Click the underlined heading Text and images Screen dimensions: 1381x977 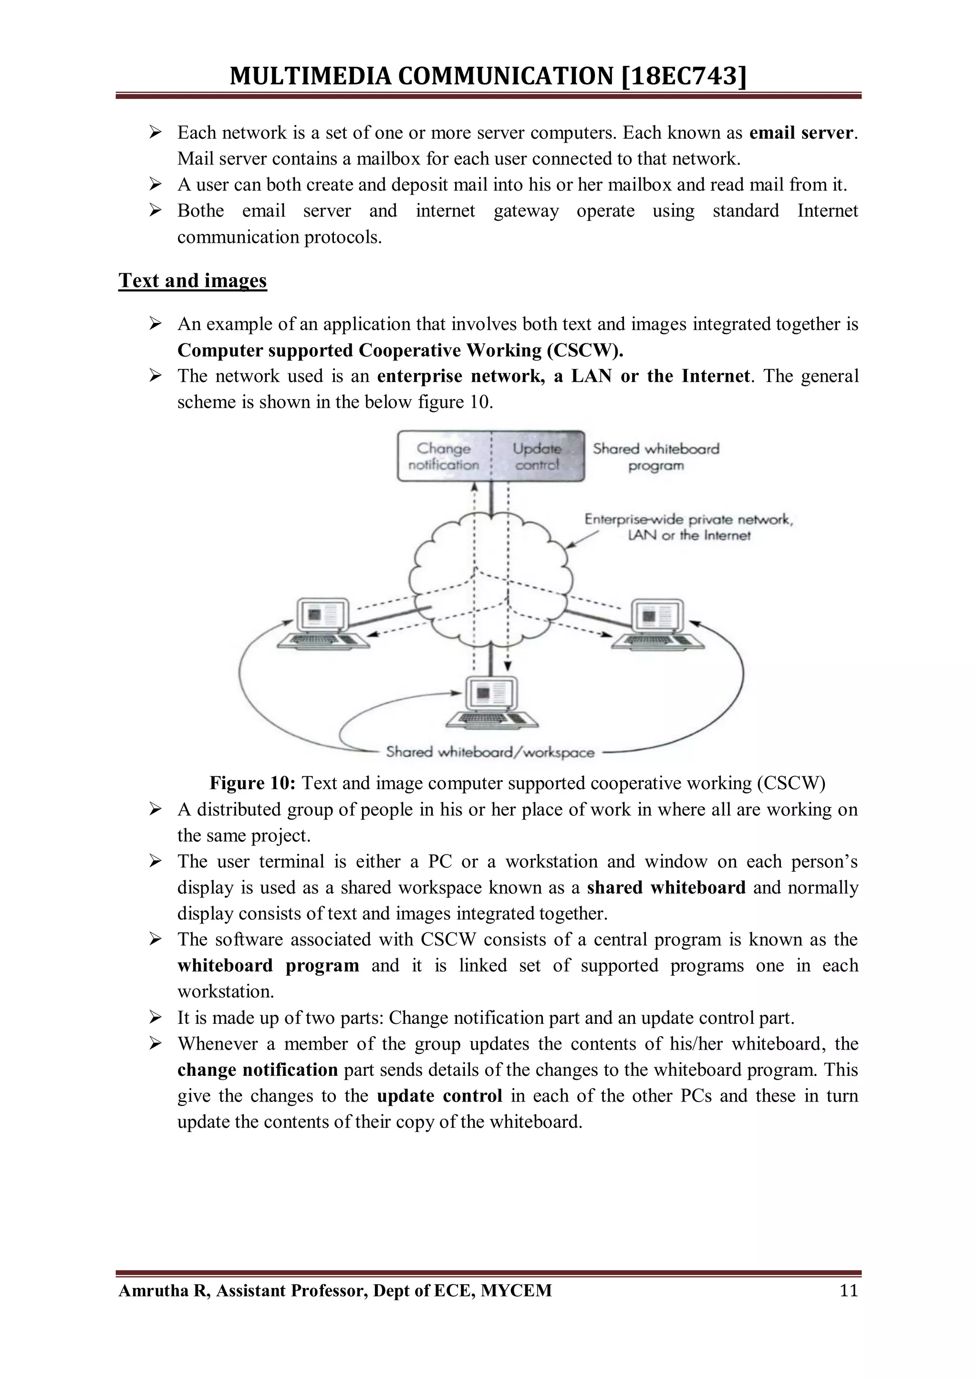click(193, 280)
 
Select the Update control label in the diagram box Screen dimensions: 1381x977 click(537, 456)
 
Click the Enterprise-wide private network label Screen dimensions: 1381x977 click(689, 527)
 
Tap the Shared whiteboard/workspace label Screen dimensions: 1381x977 click(490, 752)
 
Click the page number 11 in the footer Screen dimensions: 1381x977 click(848, 1290)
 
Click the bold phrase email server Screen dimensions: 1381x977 click(801, 132)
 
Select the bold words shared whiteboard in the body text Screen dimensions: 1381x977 click(666, 888)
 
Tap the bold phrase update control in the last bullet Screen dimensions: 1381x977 click(439, 1096)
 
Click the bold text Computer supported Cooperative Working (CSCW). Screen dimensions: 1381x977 click(400, 350)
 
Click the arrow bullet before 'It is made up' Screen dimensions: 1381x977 click(156, 1018)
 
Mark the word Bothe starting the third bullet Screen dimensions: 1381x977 click(200, 211)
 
